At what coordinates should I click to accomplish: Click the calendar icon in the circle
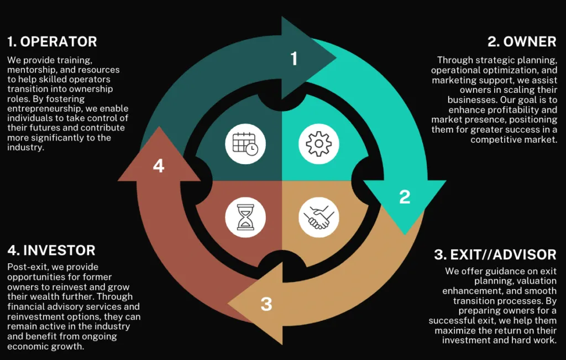pyautogui.click(x=245, y=144)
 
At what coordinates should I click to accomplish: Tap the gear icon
pyautogui.click(x=319, y=144)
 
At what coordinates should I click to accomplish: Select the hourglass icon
pyautogui.click(x=245, y=217)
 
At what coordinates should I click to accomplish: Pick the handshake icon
pyautogui.click(x=319, y=217)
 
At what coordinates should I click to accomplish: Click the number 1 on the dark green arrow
pyautogui.click(x=294, y=59)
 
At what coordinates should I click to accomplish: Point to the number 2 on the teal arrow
pyautogui.click(x=405, y=197)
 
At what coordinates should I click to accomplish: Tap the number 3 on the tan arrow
pyautogui.click(x=266, y=304)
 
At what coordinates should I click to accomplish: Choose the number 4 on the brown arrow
pyautogui.click(x=159, y=166)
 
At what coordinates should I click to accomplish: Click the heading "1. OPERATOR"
pyautogui.click(x=53, y=41)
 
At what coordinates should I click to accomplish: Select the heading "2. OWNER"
pyautogui.click(x=522, y=41)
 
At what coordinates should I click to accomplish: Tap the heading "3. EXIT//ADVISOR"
pyautogui.click(x=495, y=254)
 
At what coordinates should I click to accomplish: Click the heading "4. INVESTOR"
pyautogui.click(x=51, y=251)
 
